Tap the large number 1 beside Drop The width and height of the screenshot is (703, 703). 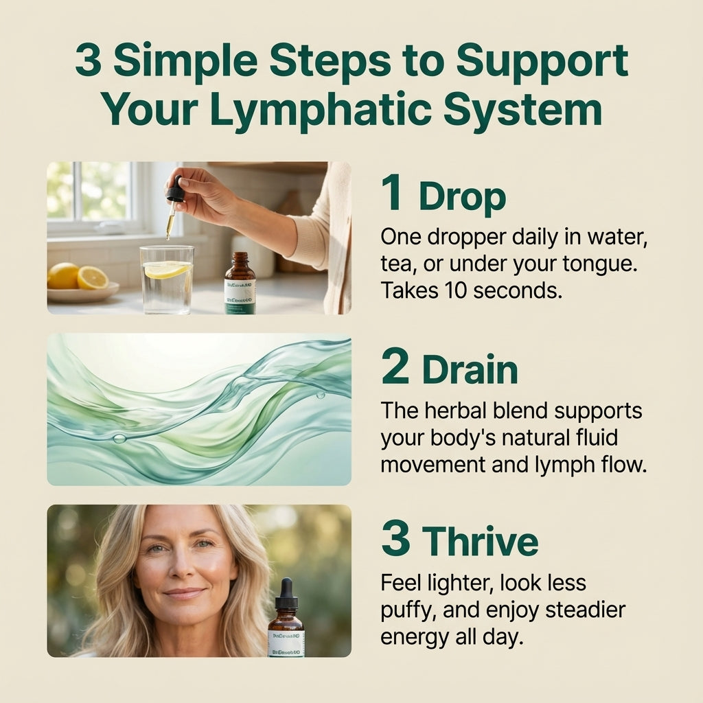392,194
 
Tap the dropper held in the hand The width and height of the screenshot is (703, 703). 173,203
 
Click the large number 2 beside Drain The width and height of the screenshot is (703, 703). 395,368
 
